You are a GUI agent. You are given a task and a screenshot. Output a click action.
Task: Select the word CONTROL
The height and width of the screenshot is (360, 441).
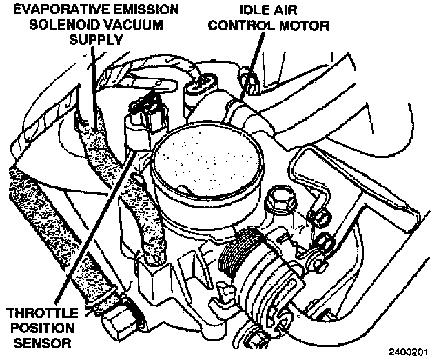pyautogui.click(x=241, y=27)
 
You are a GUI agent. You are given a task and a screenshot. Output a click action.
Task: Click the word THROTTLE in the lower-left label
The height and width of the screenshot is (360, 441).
pyautogui.click(x=41, y=311)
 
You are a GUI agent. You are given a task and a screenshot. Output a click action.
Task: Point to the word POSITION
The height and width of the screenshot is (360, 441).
pyautogui.click(x=41, y=326)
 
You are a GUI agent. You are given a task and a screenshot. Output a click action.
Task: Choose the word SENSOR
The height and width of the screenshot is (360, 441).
pyautogui.click(x=41, y=341)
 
